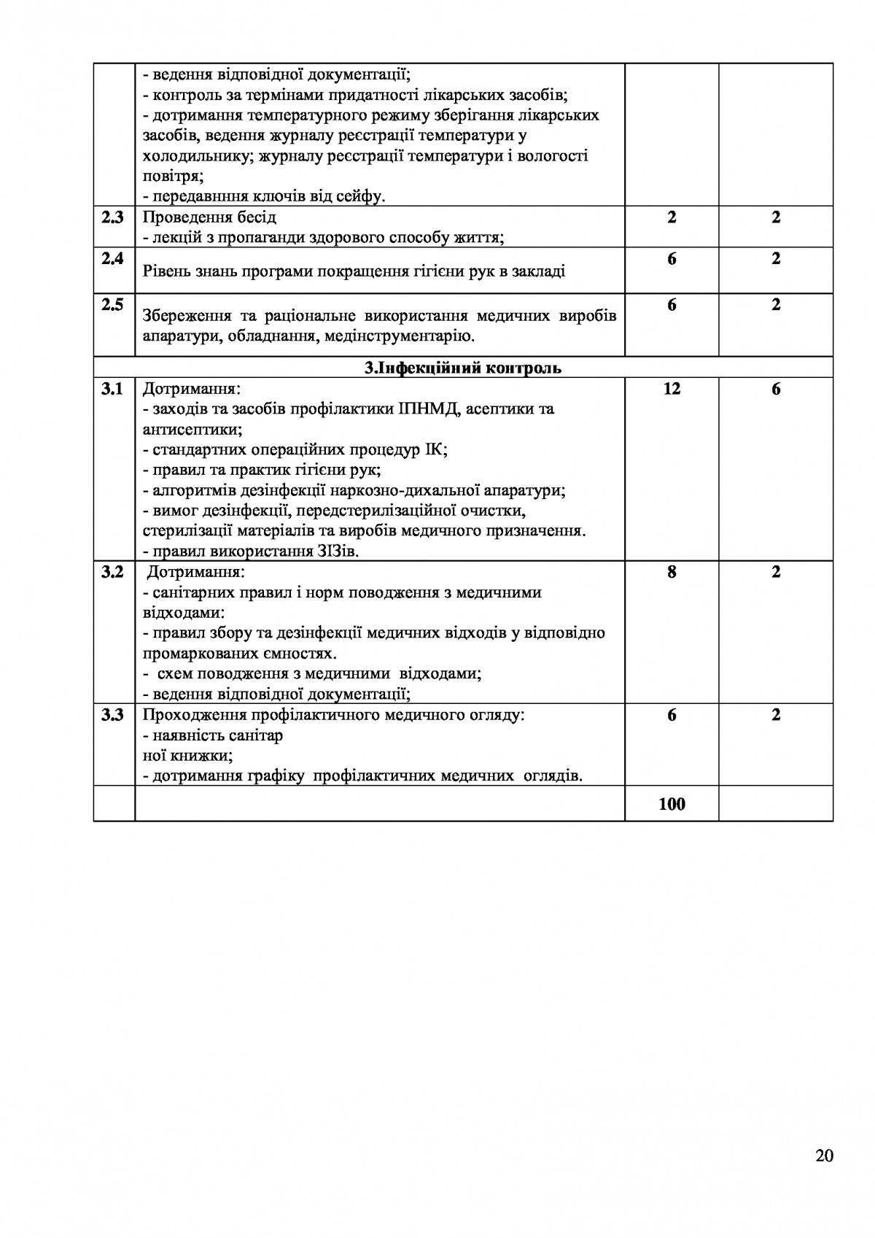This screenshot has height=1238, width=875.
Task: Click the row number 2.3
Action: (x=112, y=217)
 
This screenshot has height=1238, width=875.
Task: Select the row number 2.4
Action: (x=112, y=258)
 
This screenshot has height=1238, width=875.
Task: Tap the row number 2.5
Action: (x=112, y=305)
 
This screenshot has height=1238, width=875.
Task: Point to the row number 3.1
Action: (x=112, y=389)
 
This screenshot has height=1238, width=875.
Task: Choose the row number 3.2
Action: (x=112, y=572)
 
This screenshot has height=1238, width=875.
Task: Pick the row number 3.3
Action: (x=112, y=715)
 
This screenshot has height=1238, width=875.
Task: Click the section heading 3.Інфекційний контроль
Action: (x=462, y=368)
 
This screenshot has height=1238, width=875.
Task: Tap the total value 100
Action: (x=672, y=804)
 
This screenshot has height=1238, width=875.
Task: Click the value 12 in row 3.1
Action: (x=672, y=389)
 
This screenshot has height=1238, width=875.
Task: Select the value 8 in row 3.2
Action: (x=672, y=572)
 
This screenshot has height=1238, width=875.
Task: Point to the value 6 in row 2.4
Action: (x=672, y=258)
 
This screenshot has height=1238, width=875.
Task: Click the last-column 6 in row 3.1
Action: (x=776, y=389)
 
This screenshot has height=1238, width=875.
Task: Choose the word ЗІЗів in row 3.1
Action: (x=338, y=552)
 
